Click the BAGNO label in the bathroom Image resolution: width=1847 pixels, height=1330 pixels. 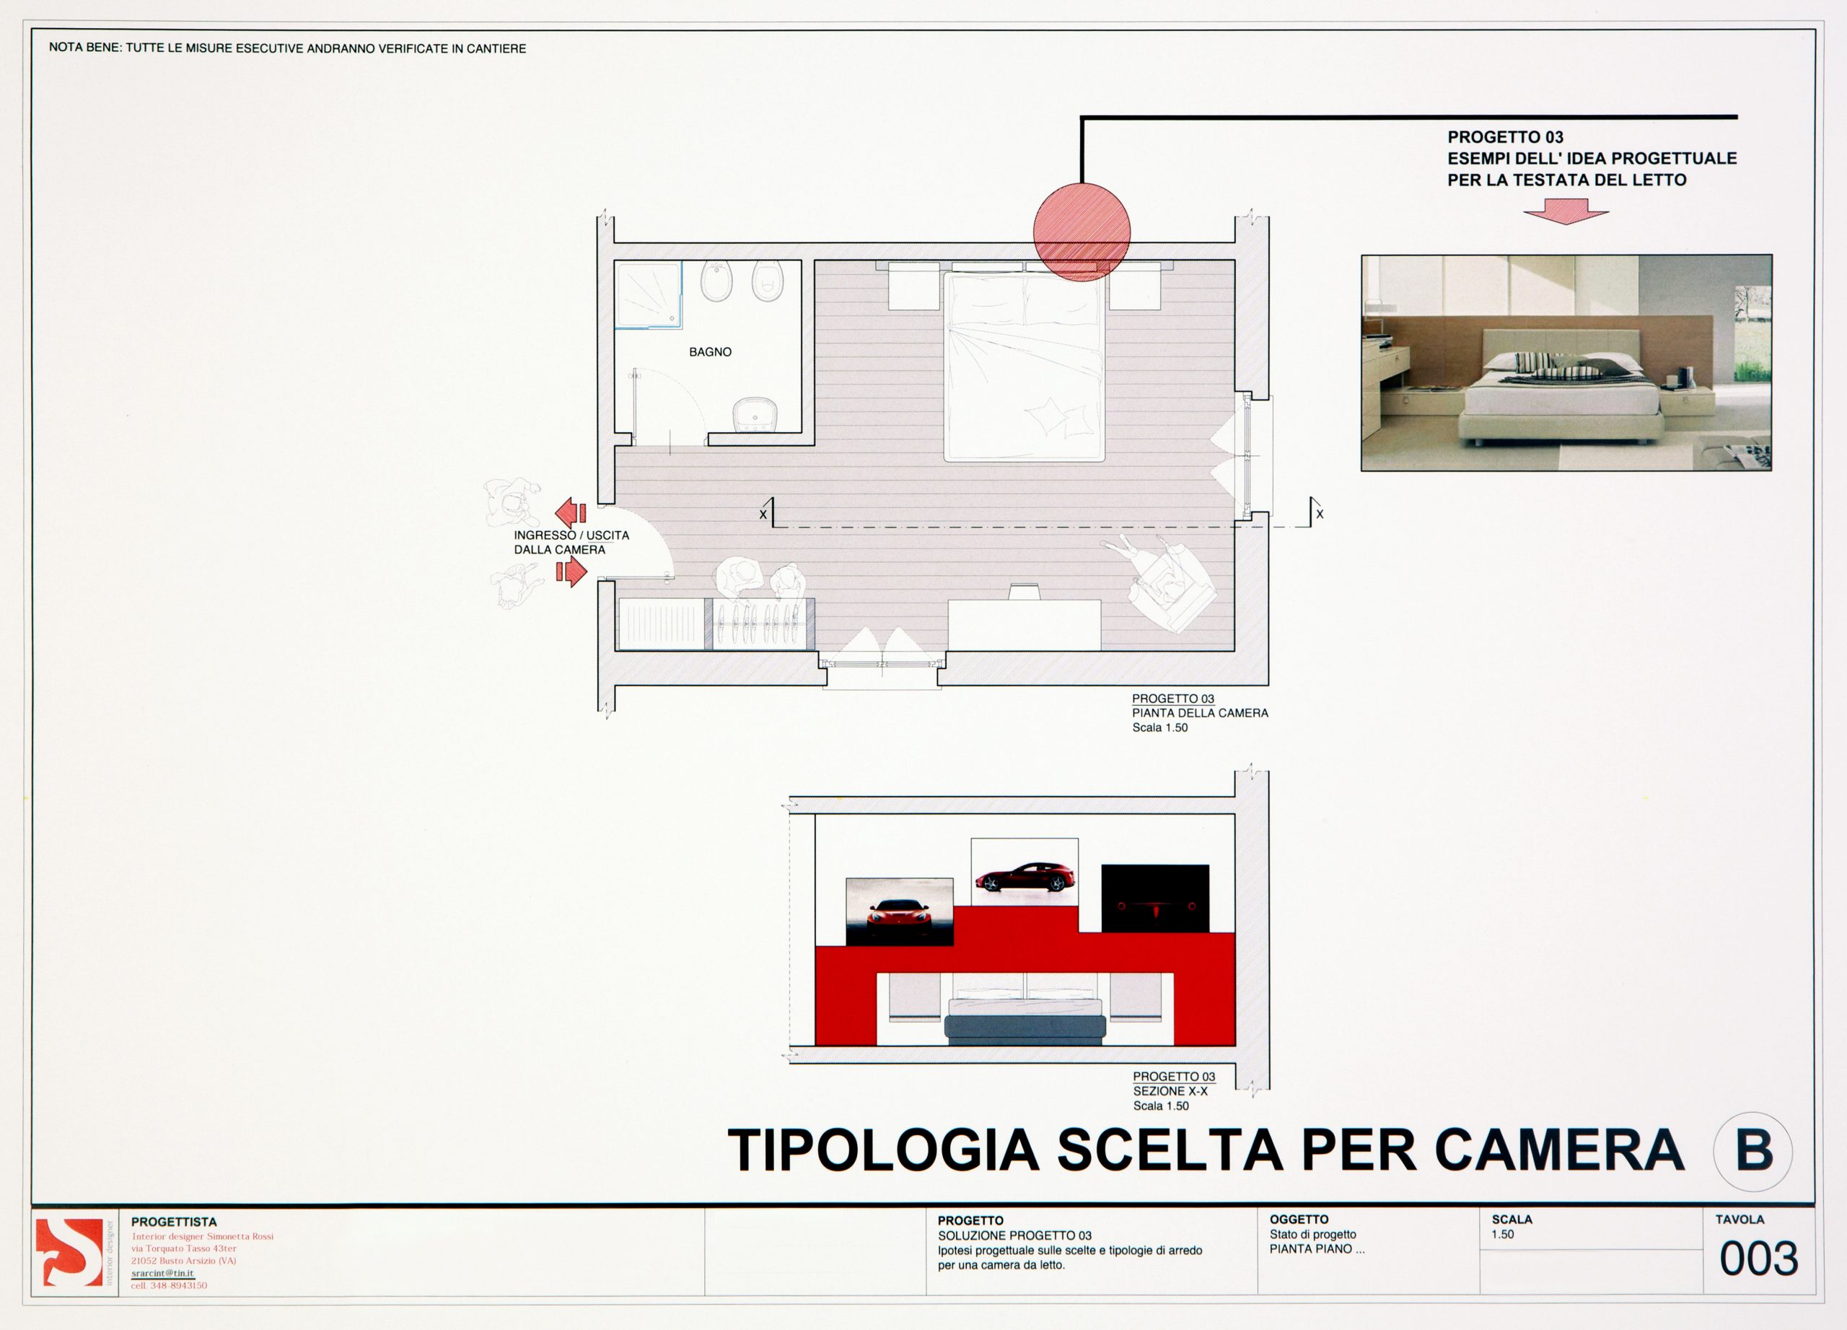710,352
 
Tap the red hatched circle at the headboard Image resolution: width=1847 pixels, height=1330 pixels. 1082,232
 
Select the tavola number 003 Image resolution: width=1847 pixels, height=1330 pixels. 1758,1259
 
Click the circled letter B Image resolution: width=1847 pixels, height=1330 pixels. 1753,1151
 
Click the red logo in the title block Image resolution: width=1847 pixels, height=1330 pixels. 69,1252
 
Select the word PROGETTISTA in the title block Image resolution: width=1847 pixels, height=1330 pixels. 175,1222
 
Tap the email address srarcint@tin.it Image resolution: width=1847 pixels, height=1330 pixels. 163,1273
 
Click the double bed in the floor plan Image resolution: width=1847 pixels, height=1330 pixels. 1024,367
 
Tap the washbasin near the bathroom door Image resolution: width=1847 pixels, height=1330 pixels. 755,414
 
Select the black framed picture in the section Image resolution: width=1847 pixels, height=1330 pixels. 1155,898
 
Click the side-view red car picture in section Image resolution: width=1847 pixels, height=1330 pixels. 1025,872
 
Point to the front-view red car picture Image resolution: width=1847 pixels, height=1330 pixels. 900,912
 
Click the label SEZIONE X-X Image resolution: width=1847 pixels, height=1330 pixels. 1170,1091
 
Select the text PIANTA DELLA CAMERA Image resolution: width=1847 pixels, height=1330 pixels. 1200,713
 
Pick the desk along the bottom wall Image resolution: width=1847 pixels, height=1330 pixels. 1025,625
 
